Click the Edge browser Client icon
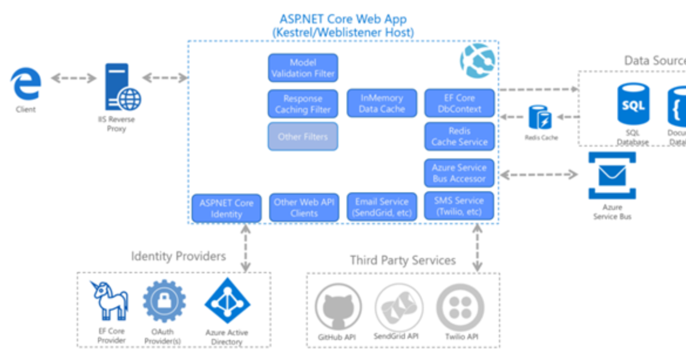click(x=26, y=84)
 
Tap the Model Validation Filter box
click(x=303, y=68)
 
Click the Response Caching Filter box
click(x=303, y=104)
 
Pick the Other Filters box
click(x=303, y=137)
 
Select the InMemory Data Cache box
click(x=382, y=103)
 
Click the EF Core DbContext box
click(x=459, y=103)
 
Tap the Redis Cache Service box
click(x=459, y=136)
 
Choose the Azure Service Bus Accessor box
click(x=459, y=173)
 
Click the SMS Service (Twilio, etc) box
click(x=459, y=206)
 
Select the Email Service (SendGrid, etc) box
click(x=382, y=207)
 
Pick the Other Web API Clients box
click(x=304, y=208)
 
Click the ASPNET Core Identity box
click(x=226, y=208)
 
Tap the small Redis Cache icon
click(x=541, y=117)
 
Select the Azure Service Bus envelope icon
click(x=612, y=175)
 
